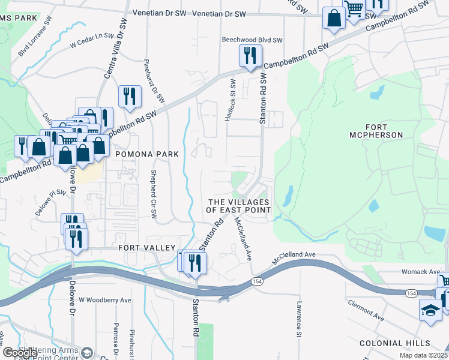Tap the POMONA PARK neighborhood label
point(148,154)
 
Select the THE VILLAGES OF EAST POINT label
point(238,206)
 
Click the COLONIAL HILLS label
point(394,343)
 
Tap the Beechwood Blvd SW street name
point(252,40)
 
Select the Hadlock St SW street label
point(229,101)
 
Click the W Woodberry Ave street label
point(105,300)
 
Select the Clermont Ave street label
point(366,308)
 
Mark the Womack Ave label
point(422,272)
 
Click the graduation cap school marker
point(430,310)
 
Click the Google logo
point(19,353)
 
